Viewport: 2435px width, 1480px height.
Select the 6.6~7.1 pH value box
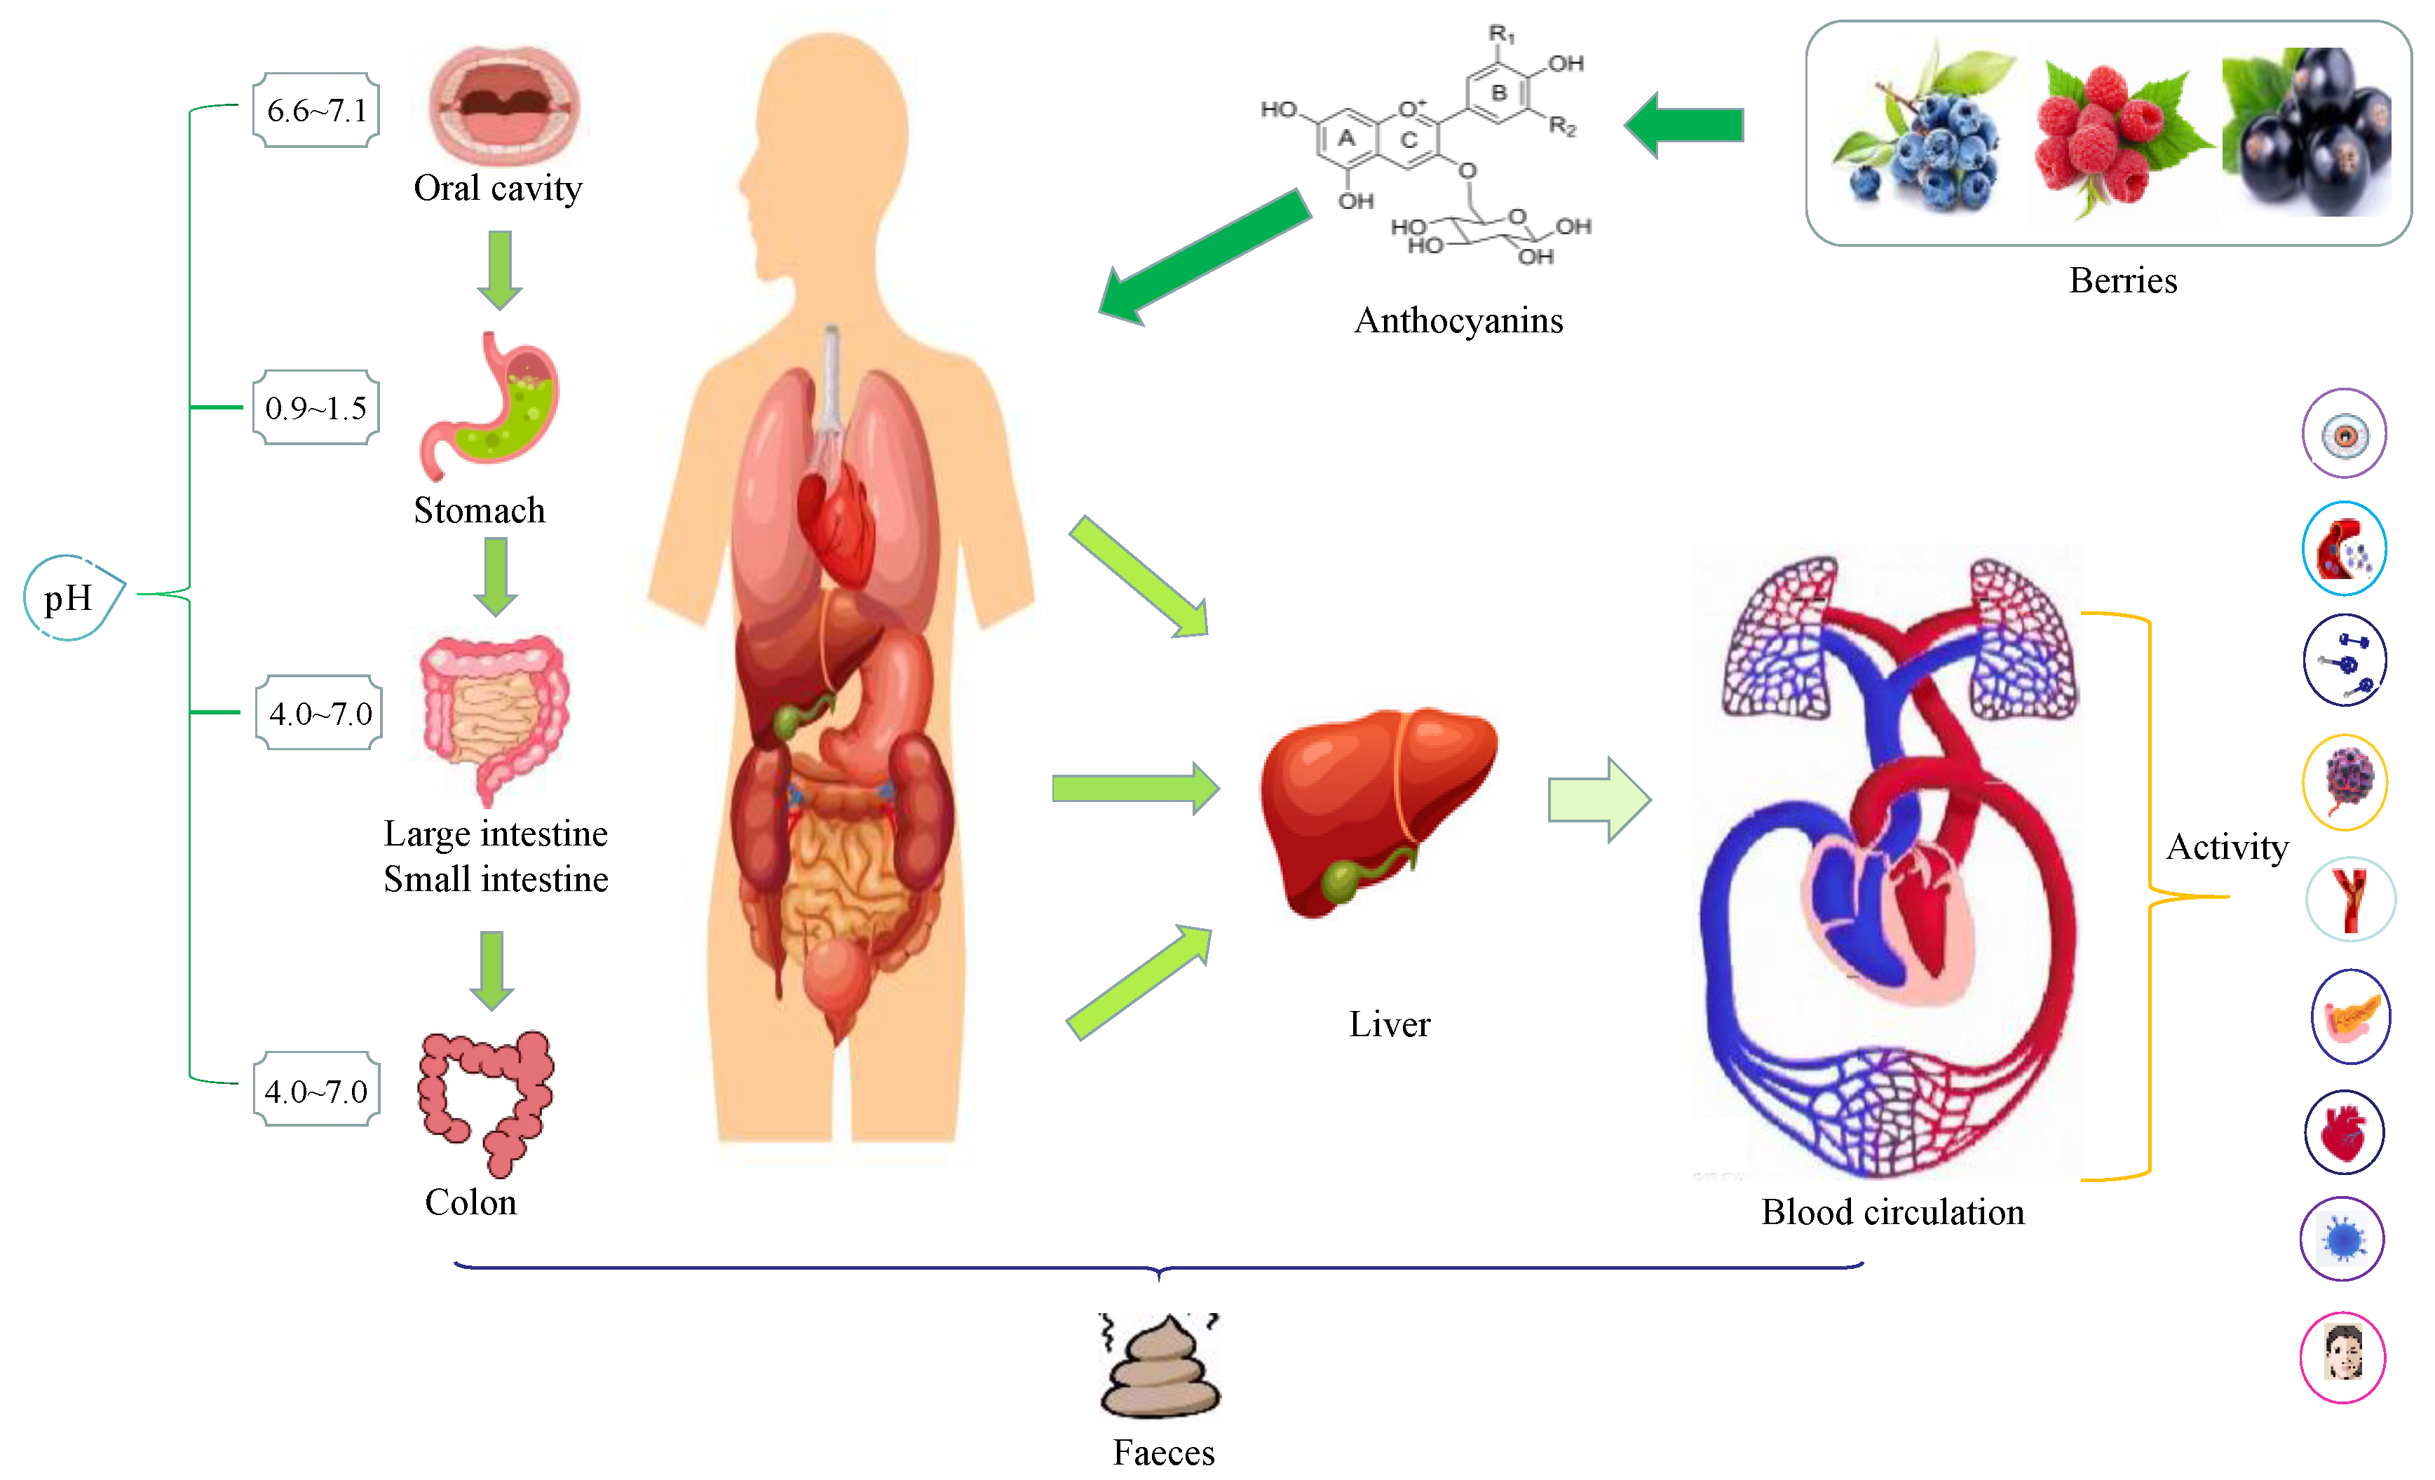[x=316, y=109]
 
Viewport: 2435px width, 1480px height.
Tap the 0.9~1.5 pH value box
[x=316, y=407]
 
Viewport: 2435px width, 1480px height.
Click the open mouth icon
[x=504, y=103]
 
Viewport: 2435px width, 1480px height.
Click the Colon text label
[x=470, y=1202]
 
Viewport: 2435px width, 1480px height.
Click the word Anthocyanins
[x=1458, y=320]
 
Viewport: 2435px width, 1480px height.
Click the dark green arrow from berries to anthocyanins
[x=1685, y=125]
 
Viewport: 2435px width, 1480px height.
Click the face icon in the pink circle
[x=2342, y=1357]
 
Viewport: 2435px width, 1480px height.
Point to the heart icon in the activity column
[x=2344, y=1132]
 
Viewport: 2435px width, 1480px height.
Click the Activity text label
[x=2227, y=847]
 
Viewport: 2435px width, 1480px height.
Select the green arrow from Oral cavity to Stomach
[x=500, y=269]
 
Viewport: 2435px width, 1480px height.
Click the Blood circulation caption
[x=1892, y=1212]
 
